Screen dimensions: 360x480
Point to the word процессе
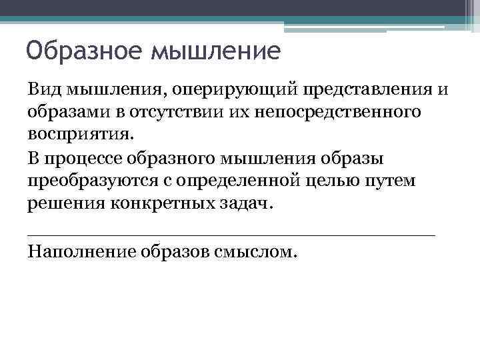tap(87, 159)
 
